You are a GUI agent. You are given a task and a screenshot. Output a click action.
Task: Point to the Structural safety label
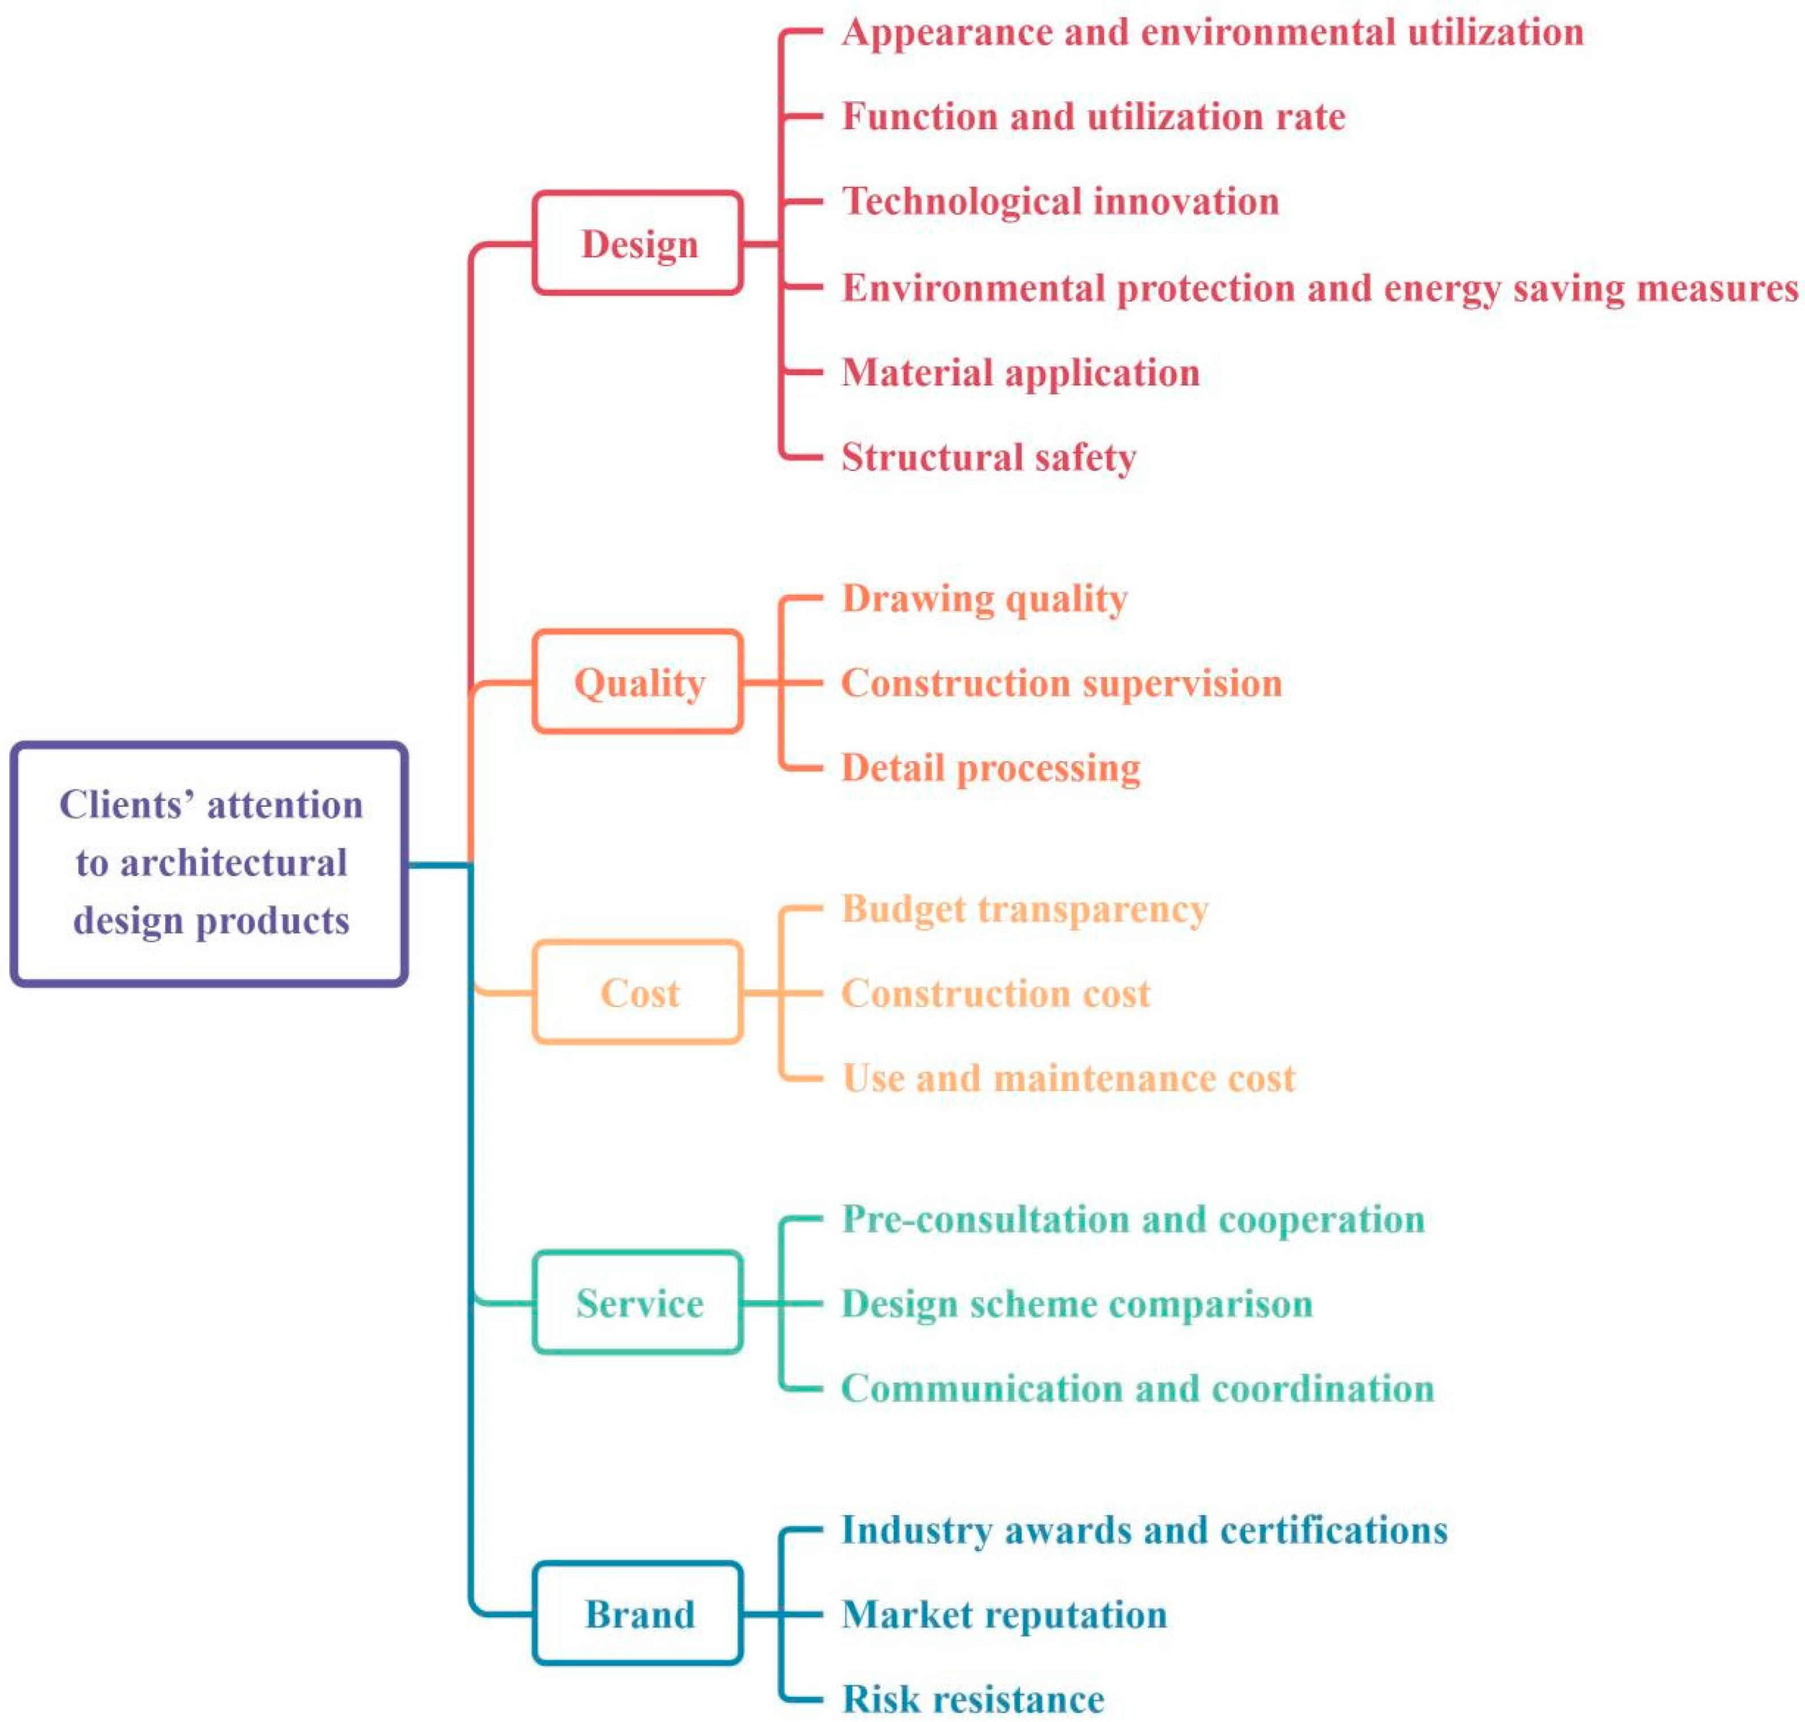coord(989,457)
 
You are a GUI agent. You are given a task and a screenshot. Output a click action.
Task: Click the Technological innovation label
coord(1060,201)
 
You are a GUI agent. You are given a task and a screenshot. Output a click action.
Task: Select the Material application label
coord(1021,373)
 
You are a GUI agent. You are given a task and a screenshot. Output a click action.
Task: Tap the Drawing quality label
coord(985,598)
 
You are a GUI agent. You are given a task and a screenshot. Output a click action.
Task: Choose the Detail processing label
coord(990,767)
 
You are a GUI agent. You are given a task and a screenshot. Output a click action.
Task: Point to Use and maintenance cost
coord(1068,1077)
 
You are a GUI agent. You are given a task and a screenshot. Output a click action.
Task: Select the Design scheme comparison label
coord(1077,1303)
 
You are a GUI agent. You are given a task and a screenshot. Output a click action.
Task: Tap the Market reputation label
coord(1004,1614)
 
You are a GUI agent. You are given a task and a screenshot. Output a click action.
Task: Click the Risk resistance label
coord(973,1698)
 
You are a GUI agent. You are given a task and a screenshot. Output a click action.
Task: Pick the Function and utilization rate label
coord(1093,117)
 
